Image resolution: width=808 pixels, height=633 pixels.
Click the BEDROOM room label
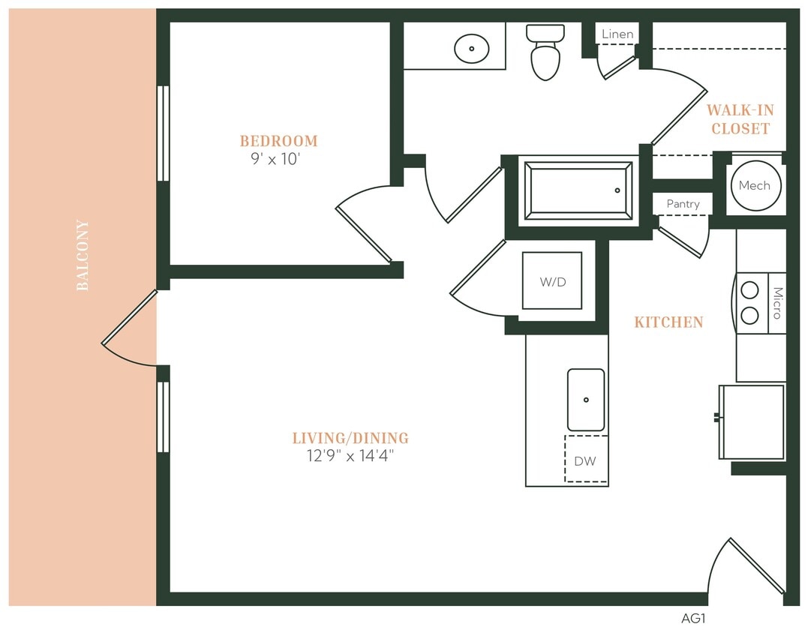[278, 141]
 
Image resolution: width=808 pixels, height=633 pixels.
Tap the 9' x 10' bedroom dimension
[275, 160]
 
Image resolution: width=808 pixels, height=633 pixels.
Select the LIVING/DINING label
[350, 438]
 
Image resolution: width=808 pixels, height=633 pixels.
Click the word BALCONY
[83, 255]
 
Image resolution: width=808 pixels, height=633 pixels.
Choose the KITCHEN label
[668, 322]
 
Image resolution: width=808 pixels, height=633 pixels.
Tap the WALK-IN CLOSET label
[740, 119]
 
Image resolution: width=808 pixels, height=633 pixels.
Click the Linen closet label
[617, 34]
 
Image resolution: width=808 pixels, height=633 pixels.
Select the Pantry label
[683, 204]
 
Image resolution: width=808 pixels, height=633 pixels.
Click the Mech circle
[754, 186]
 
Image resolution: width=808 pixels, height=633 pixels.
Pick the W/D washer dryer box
[551, 281]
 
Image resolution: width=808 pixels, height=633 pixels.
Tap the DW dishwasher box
[585, 460]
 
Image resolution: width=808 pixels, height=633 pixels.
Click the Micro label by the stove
[777, 303]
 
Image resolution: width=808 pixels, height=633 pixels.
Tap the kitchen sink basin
[585, 400]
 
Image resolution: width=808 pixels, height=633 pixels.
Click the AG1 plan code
[693, 619]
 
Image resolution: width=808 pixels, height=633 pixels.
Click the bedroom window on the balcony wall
[162, 133]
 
